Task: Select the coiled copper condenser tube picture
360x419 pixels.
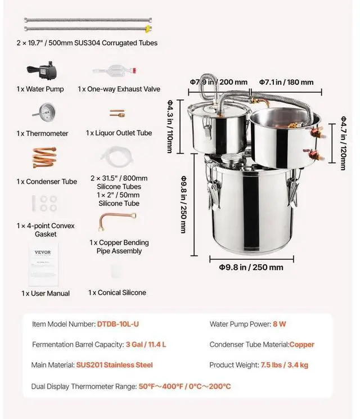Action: click(x=43, y=157)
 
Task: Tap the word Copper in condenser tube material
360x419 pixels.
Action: click(x=302, y=344)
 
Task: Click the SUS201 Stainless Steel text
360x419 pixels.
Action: click(x=114, y=365)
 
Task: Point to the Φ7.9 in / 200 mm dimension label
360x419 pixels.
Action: click(x=218, y=82)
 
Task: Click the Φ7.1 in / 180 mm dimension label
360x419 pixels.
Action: click(x=286, y=82)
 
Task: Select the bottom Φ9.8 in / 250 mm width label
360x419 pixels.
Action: click(x=251, y=267)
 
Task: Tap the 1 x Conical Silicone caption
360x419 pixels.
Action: click(x=117, y=292)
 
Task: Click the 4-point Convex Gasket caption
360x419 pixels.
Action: click(x=46, y=230)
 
